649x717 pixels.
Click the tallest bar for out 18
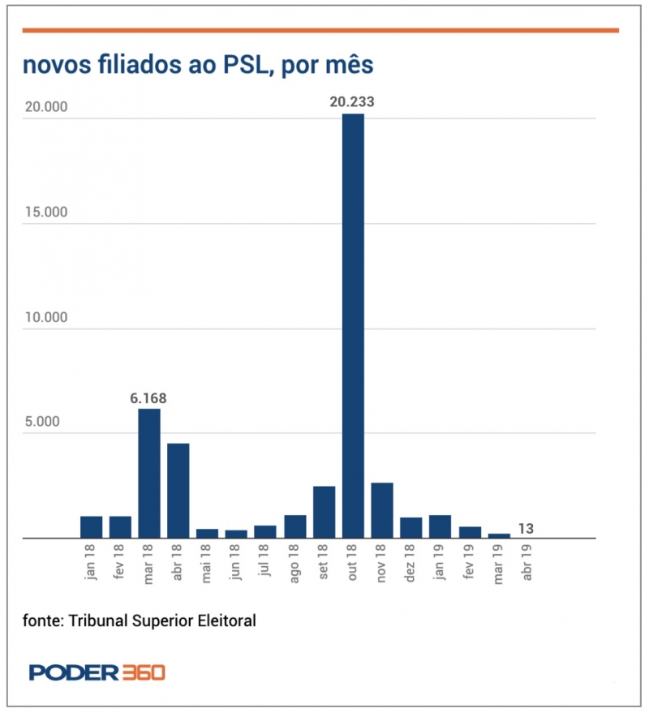(x=353, y=324)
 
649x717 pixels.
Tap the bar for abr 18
(x=178, y=490)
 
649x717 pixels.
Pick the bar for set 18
(x=324, y=512)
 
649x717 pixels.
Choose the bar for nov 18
(x=382, y=510)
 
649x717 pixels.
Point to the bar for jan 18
(x=92, y=527)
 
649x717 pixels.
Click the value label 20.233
(x=352, y=102)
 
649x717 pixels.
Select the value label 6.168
(x=148, y=398)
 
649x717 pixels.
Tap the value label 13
(x=526, y=529)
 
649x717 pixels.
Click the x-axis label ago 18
(x=295, y=562)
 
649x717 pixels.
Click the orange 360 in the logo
(x=144, y=672)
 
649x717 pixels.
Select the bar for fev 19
(x=470, y=532)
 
